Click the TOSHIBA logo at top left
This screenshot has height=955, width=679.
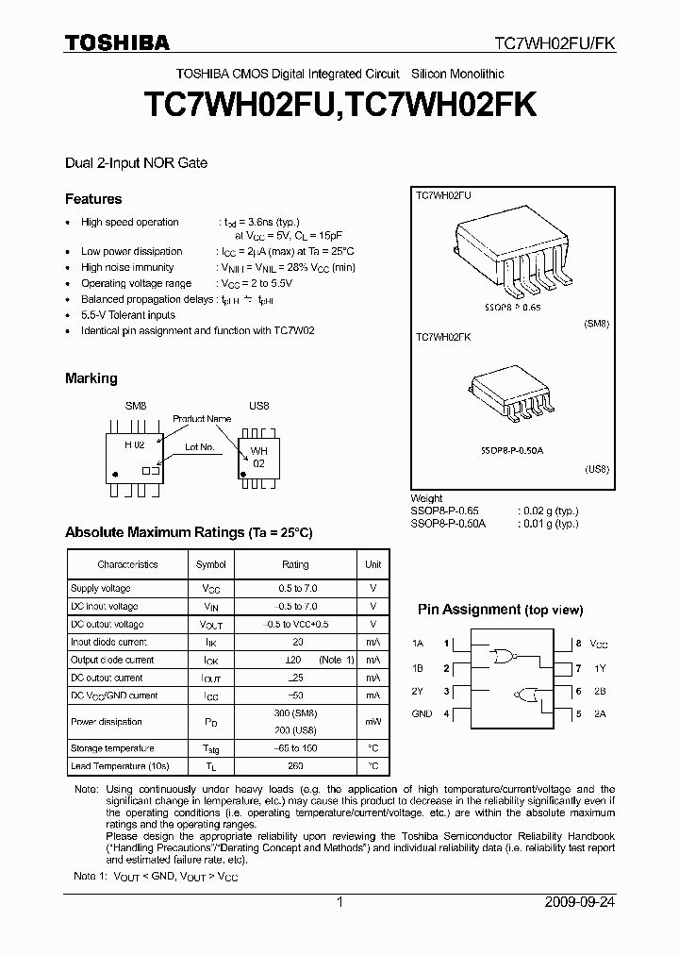[117, 42]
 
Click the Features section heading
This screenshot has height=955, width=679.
[93, 199]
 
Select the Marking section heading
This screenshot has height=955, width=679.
[91, 378]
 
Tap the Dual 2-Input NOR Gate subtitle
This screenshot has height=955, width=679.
[136, 162]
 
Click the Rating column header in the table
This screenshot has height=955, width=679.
[295, 564]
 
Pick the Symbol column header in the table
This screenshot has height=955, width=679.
[210, 564]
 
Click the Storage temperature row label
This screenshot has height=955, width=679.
[108, 748]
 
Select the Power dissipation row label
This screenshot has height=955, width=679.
[107, 722]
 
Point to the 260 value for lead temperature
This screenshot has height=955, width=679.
[295, 766]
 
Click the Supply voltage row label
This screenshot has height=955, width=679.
[101, 588]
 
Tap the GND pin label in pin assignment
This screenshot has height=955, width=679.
[422, 713]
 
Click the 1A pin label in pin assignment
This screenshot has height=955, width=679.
[418, 645]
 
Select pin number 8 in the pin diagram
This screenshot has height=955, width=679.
[578, 645]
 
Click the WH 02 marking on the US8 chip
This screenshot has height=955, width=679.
[258, 458]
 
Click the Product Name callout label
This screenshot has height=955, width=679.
[201, 418]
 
